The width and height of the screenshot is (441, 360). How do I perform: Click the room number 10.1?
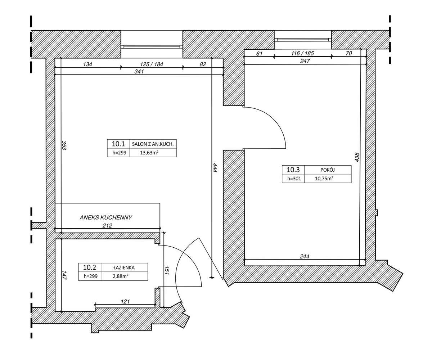[118, 144]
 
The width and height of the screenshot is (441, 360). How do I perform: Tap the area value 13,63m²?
[149, 153]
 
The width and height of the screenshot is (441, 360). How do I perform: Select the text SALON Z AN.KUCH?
[153, 144]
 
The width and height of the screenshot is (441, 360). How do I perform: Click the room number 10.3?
[293, 170]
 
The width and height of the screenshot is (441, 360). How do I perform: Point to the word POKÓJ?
[328, 170]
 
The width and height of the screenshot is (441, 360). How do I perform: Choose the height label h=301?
[294, 179]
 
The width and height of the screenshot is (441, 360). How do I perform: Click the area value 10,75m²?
[324, 179]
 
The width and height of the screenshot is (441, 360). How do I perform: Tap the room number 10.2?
[90, 267]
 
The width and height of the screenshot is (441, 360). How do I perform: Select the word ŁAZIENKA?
[124, 267]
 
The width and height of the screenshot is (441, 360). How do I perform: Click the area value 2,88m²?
[121, 276]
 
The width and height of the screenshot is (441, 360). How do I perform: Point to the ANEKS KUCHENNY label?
[106, 217]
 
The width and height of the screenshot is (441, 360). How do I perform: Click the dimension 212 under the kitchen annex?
[107, 226]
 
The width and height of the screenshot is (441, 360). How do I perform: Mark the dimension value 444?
[215, 168]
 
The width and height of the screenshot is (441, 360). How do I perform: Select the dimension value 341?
[139, 72]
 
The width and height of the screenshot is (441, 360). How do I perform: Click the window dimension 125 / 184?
[152, 64]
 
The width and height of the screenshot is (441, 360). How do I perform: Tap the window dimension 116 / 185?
[302, 53]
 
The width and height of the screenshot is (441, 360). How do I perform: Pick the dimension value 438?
[357, 157]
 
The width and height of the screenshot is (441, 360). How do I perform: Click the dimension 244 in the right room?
[305, 256]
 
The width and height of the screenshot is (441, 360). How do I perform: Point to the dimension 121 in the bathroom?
[125, 301]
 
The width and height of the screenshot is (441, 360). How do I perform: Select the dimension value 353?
[64, 145]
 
